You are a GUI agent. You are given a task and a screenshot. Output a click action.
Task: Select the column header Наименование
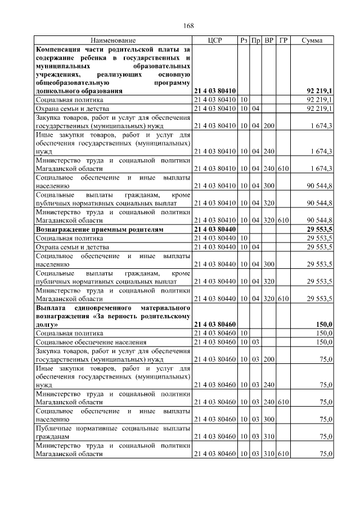pos(113,40)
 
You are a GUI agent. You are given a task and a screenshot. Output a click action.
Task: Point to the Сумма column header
pos(312,40)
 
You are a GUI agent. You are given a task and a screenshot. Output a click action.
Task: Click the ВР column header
pos(269,40)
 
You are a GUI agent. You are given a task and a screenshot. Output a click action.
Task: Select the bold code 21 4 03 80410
pos(215,90)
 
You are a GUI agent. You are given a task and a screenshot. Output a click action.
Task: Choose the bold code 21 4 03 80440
pos(215,229)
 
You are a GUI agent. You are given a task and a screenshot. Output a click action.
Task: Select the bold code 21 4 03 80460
pos(215,325)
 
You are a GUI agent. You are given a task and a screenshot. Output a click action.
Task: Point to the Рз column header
pos(244,40)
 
